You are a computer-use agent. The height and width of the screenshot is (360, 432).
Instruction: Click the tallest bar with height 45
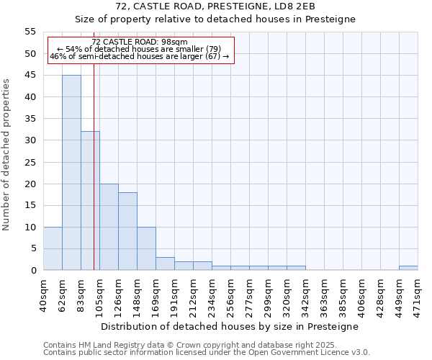point(71,173)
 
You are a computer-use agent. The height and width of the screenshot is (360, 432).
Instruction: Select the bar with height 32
point(90,201)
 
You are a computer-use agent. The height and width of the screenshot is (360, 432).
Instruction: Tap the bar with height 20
point(109,227)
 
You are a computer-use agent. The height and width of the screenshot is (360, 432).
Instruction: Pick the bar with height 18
point(127,231)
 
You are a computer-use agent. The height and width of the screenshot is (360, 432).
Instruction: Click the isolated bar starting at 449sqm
point(408,268)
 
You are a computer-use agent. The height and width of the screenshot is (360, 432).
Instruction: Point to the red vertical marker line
point(94,180)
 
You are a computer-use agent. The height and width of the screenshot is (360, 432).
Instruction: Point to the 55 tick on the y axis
point(30,32)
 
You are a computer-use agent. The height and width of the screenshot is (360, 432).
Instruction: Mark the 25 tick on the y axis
point(30,162)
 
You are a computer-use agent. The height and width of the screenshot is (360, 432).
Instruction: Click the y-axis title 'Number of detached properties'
point(6,155)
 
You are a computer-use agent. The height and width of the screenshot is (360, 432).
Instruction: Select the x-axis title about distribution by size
point(230,326)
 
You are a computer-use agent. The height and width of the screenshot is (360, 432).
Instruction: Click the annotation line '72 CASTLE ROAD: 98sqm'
point(140,42)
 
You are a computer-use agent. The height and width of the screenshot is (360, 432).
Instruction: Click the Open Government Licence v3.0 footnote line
point(207,352)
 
